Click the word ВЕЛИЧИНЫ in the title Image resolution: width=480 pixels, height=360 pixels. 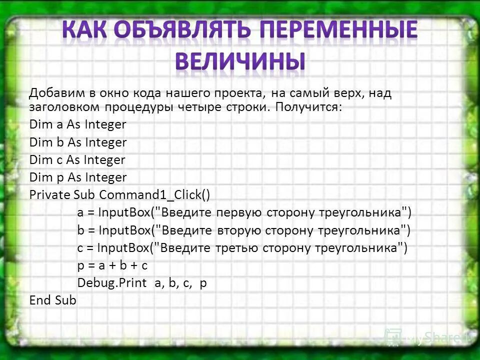click(x=240, y=61)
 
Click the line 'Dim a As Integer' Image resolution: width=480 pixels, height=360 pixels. click(x=77, y=124)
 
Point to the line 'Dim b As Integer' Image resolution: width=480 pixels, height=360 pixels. click(x=78, y=142)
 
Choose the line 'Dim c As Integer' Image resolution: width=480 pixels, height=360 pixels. click(x=77, y=160)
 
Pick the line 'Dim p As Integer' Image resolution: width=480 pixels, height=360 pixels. click(x=78, y=177)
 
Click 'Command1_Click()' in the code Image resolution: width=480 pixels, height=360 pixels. click(x=158, y=195)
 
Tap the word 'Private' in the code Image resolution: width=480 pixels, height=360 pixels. click(x=49, y=195)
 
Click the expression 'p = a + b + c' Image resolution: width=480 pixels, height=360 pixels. click(x=112, y=265)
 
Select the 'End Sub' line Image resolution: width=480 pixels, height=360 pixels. click(x=52, y=300)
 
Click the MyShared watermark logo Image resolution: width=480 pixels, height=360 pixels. click(x=425, y=337)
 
